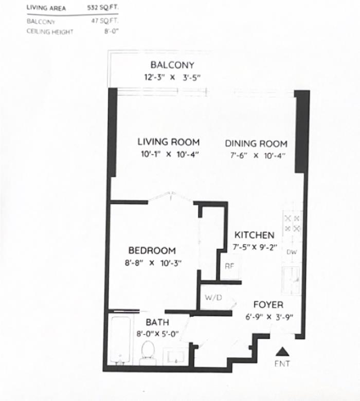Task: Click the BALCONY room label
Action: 172,65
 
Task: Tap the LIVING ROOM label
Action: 169,142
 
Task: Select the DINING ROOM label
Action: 256,144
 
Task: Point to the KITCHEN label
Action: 255,235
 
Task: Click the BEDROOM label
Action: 152,250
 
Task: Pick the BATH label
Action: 157,322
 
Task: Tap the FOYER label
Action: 268,305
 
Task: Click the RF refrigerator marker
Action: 229,266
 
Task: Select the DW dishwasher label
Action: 292,252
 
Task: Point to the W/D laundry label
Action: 213,298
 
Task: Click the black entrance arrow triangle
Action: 282,352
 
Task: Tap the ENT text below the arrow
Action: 282,363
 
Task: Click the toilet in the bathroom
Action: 148,353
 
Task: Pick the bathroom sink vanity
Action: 176,355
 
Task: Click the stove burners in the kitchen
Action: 292,224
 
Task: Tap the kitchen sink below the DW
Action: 291,281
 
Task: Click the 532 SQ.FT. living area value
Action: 103,8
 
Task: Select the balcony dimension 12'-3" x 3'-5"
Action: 172,78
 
